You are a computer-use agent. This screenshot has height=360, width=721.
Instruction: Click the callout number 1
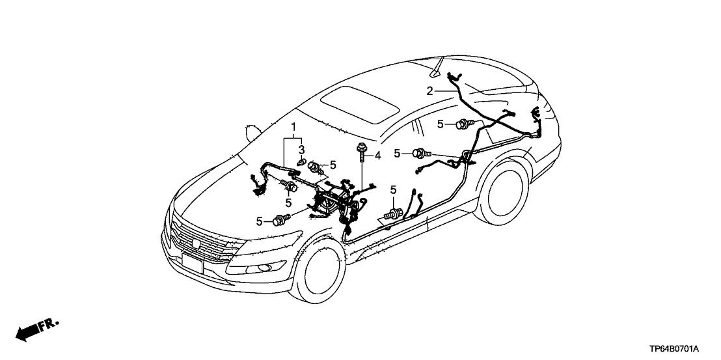pos(293,126)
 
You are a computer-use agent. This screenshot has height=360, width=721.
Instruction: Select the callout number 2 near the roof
pos(429,91)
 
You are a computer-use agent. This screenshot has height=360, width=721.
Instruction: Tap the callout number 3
pos(301,150)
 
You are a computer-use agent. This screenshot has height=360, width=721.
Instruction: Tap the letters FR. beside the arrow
pos(50,324)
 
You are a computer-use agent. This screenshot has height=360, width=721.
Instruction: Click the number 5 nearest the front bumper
pos(259,221)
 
